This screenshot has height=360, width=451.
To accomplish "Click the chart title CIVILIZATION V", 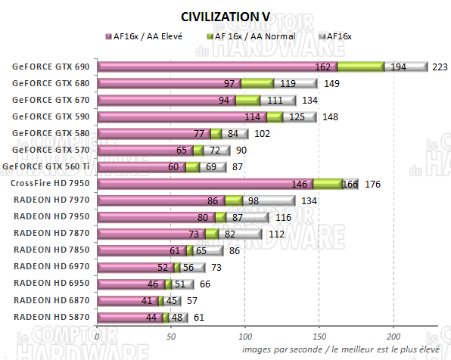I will [x=225, y=17].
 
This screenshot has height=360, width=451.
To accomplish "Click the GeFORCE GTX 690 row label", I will [x=51, y=67].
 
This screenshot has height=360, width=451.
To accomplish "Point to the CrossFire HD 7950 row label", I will [x=51, y=183].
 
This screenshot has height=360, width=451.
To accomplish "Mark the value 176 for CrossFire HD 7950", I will [x=372, y=184].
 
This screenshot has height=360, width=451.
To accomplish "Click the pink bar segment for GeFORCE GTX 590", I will [x=170, y=116].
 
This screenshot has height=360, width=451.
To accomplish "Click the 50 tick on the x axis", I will [x=172, y=335].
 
